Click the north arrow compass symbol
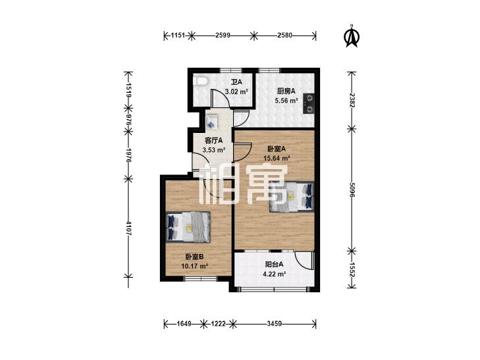tap(352, 36)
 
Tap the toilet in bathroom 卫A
tap(201, 81)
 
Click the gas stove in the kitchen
tap(309, 104)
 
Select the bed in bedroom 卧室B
tap(188, 227)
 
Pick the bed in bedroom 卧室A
tap(292, 196)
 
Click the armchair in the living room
tap(211, 122)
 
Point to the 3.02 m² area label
tap(236, 91)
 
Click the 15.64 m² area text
tap(277, 158)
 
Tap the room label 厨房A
tap(286, 91)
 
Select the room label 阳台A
tap(275, 264)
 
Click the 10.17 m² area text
tap(195, 266)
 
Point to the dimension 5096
tap(352, 190)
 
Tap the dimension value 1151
tap(178, 36)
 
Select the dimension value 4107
tap(128, 228)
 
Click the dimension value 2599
tap(223, 36)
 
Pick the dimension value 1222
tap(218, 323)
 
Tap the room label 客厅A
tap(213, 141)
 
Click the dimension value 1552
tap(352, 270)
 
